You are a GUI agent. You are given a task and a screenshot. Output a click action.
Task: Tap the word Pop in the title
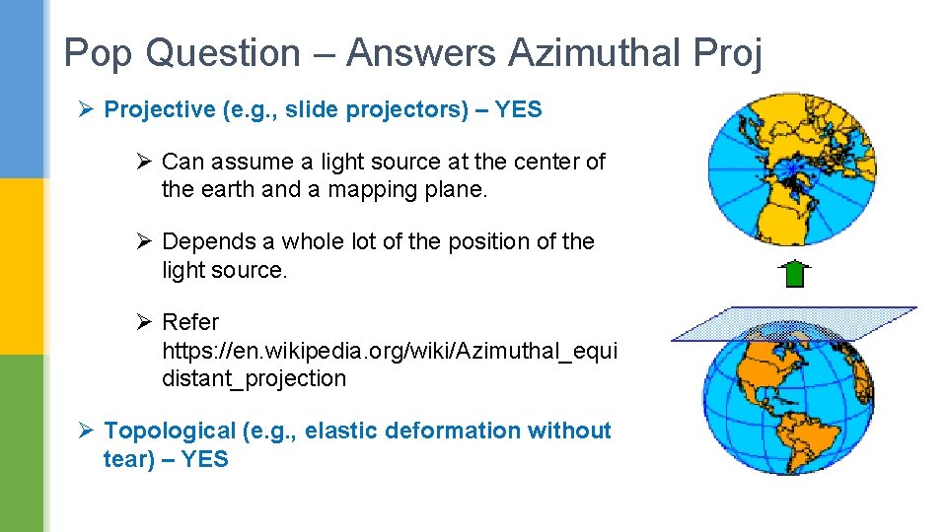96,53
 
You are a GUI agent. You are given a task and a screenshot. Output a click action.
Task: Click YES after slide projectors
518,109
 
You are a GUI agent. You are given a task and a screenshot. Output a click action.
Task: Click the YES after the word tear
204,459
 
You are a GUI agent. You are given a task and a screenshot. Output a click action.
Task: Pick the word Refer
190,322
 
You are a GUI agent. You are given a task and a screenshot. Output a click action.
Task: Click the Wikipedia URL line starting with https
389,350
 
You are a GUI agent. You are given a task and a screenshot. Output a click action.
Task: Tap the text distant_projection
254,378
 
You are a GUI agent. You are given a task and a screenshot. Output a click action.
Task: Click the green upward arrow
794,273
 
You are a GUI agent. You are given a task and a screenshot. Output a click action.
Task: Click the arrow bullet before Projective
85,109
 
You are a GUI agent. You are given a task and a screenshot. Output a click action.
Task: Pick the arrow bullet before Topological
85,431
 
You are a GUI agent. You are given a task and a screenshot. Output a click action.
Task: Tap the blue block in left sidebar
22,89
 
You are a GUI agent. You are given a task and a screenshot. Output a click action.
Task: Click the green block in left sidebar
22,443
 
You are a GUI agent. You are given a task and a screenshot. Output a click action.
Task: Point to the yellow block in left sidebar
22,266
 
